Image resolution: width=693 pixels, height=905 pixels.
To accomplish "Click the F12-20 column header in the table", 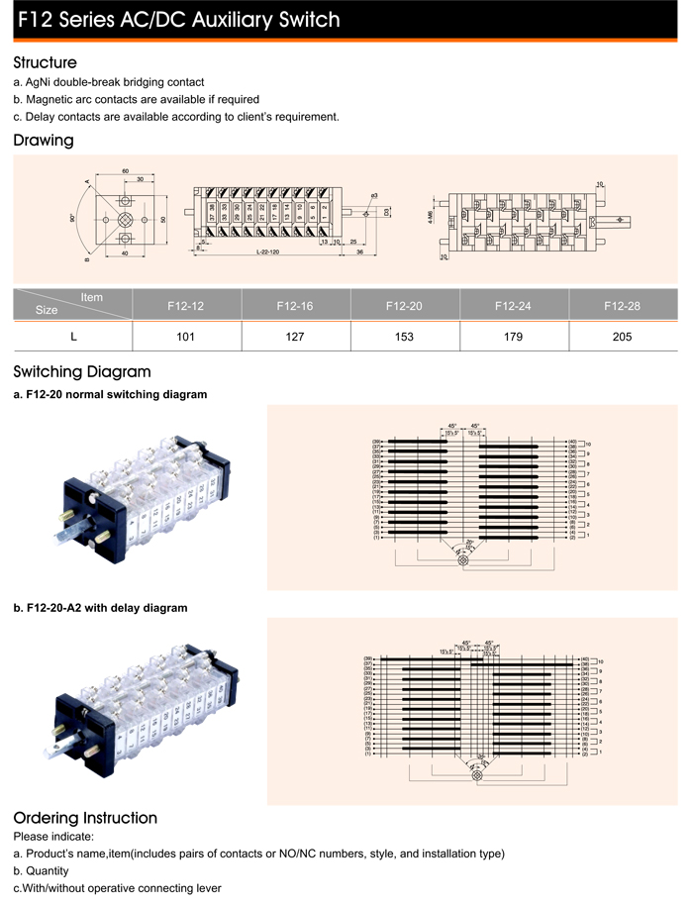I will [404, 306].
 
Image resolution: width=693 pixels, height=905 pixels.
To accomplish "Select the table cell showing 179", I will [513, 337].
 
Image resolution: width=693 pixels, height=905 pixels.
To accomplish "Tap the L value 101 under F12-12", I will [185, 337].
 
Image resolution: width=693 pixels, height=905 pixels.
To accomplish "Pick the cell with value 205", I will [622, 337].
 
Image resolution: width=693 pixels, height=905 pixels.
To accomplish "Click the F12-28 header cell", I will [622, 306].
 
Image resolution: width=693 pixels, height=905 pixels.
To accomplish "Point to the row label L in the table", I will [72, 337].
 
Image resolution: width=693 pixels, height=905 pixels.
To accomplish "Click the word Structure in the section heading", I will [45, 62].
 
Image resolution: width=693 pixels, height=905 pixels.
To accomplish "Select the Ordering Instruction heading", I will [85, 818].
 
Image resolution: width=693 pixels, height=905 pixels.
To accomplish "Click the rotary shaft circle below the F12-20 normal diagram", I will [464, 561].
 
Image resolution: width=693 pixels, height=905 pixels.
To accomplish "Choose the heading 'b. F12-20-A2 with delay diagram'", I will [100, 607].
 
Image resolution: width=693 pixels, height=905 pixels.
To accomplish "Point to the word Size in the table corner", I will [47, 310].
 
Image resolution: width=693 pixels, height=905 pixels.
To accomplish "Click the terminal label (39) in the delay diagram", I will [368, 658].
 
